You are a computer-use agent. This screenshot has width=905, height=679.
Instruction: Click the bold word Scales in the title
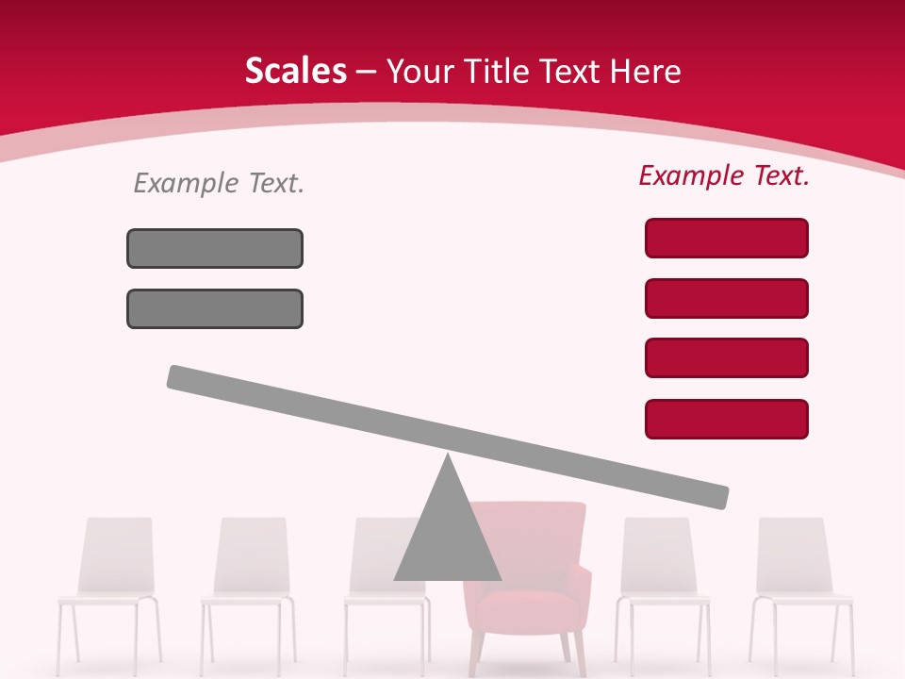(295, 72)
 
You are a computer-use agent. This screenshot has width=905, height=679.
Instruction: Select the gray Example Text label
(219, 183)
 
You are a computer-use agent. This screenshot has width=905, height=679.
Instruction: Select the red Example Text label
(724, 175)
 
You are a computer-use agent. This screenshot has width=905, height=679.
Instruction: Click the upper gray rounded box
(215, 248)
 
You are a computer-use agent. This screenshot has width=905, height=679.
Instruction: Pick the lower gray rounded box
(215, 308)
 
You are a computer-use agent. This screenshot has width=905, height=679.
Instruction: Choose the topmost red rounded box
(726, 238)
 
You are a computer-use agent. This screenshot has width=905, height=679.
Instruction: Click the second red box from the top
(726, 298)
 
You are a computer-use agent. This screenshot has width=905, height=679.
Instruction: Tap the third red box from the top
(726, 357)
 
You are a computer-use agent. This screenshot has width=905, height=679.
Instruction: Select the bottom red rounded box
(726, 419)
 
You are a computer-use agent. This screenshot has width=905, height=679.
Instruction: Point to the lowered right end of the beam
(718, 497)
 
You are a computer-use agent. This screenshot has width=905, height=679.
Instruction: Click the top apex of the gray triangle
(448, 457)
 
